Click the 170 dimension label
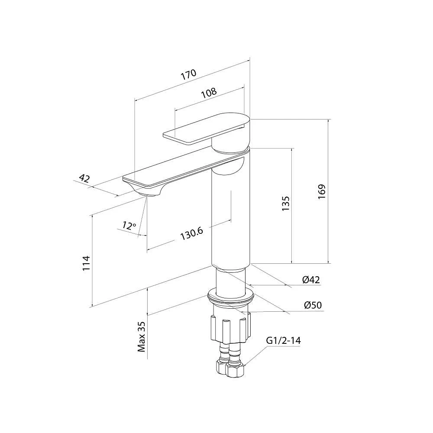[189, 74]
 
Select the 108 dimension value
[209, 93]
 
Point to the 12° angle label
[129, 226]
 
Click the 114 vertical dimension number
[87, 263]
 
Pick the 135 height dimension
[285, 204]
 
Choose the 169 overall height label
[322, 192]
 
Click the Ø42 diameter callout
[311, 280]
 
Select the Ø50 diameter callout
[313, 305]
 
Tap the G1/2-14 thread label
[283, 340]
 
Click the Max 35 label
[142, 336]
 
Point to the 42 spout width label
[84, 178]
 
